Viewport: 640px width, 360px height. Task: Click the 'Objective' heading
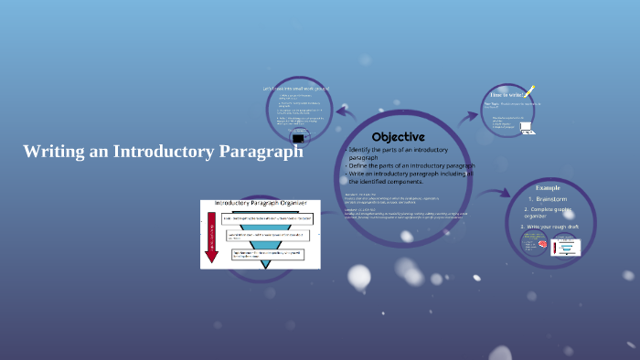coord(398,136)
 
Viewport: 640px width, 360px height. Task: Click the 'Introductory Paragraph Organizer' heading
coord(261,203)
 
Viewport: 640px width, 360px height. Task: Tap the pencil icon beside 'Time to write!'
coord(529,92)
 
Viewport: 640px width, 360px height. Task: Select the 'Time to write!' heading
coord(507,95)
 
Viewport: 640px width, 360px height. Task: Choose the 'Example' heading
coord(548,187)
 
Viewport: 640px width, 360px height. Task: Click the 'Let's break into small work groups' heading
coord(296,88)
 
